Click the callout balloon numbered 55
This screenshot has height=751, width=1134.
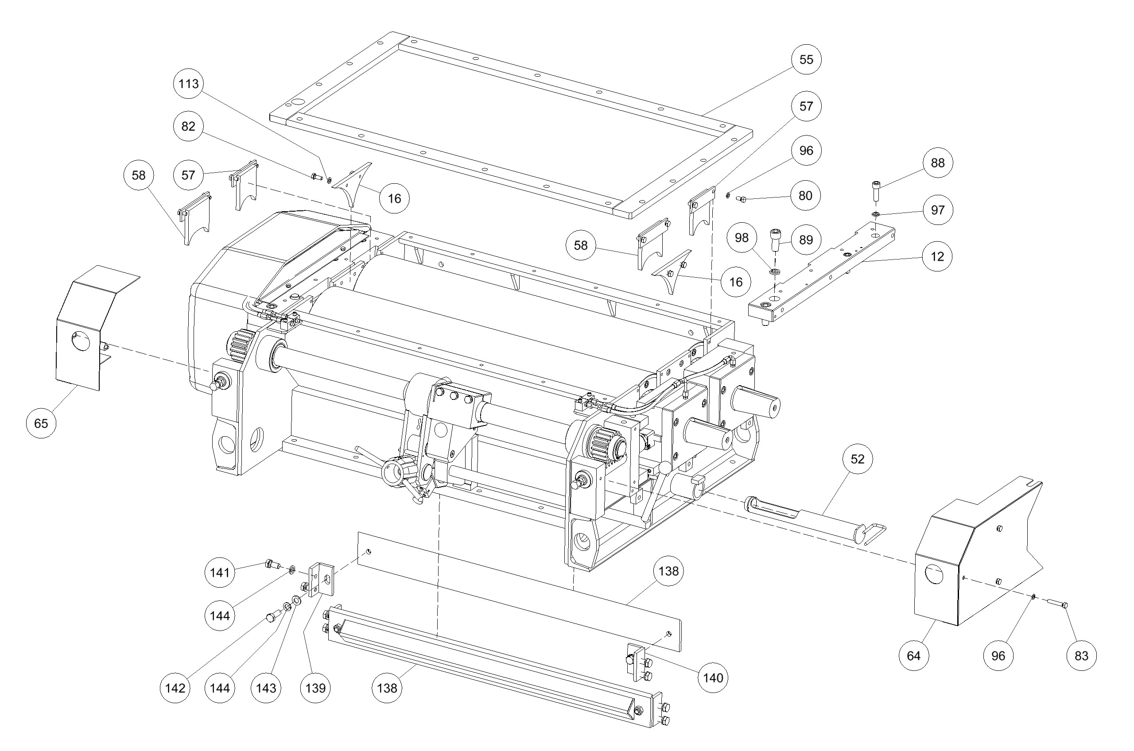[x=806, y=59]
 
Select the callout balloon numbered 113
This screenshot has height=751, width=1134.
[x=188, y=84]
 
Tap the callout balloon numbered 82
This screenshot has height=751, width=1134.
[x=188, y=127]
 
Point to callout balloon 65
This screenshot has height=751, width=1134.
[x=41, y=423]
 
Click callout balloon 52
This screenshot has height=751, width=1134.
[x=857, y=459]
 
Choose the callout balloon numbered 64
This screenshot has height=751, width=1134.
[x=913, y=656]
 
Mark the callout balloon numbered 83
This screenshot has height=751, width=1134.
[x=1082, y=656]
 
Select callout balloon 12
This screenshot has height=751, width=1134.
[x=937, y=257]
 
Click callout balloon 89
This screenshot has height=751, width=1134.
[x=806, y=240]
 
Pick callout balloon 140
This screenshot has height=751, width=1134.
[x=713, y=678]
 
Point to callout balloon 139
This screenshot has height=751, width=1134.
[x=315, y=688]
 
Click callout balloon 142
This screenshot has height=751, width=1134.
[x=175, y=688]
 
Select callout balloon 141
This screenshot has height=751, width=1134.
[x=220, y=573]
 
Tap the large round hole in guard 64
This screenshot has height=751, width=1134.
[x=934, y=573]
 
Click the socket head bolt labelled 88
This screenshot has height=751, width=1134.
[x=876, y=192]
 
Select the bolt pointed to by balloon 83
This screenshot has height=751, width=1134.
[x=1056, y=604]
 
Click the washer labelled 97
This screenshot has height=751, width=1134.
[x=876, y=213]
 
